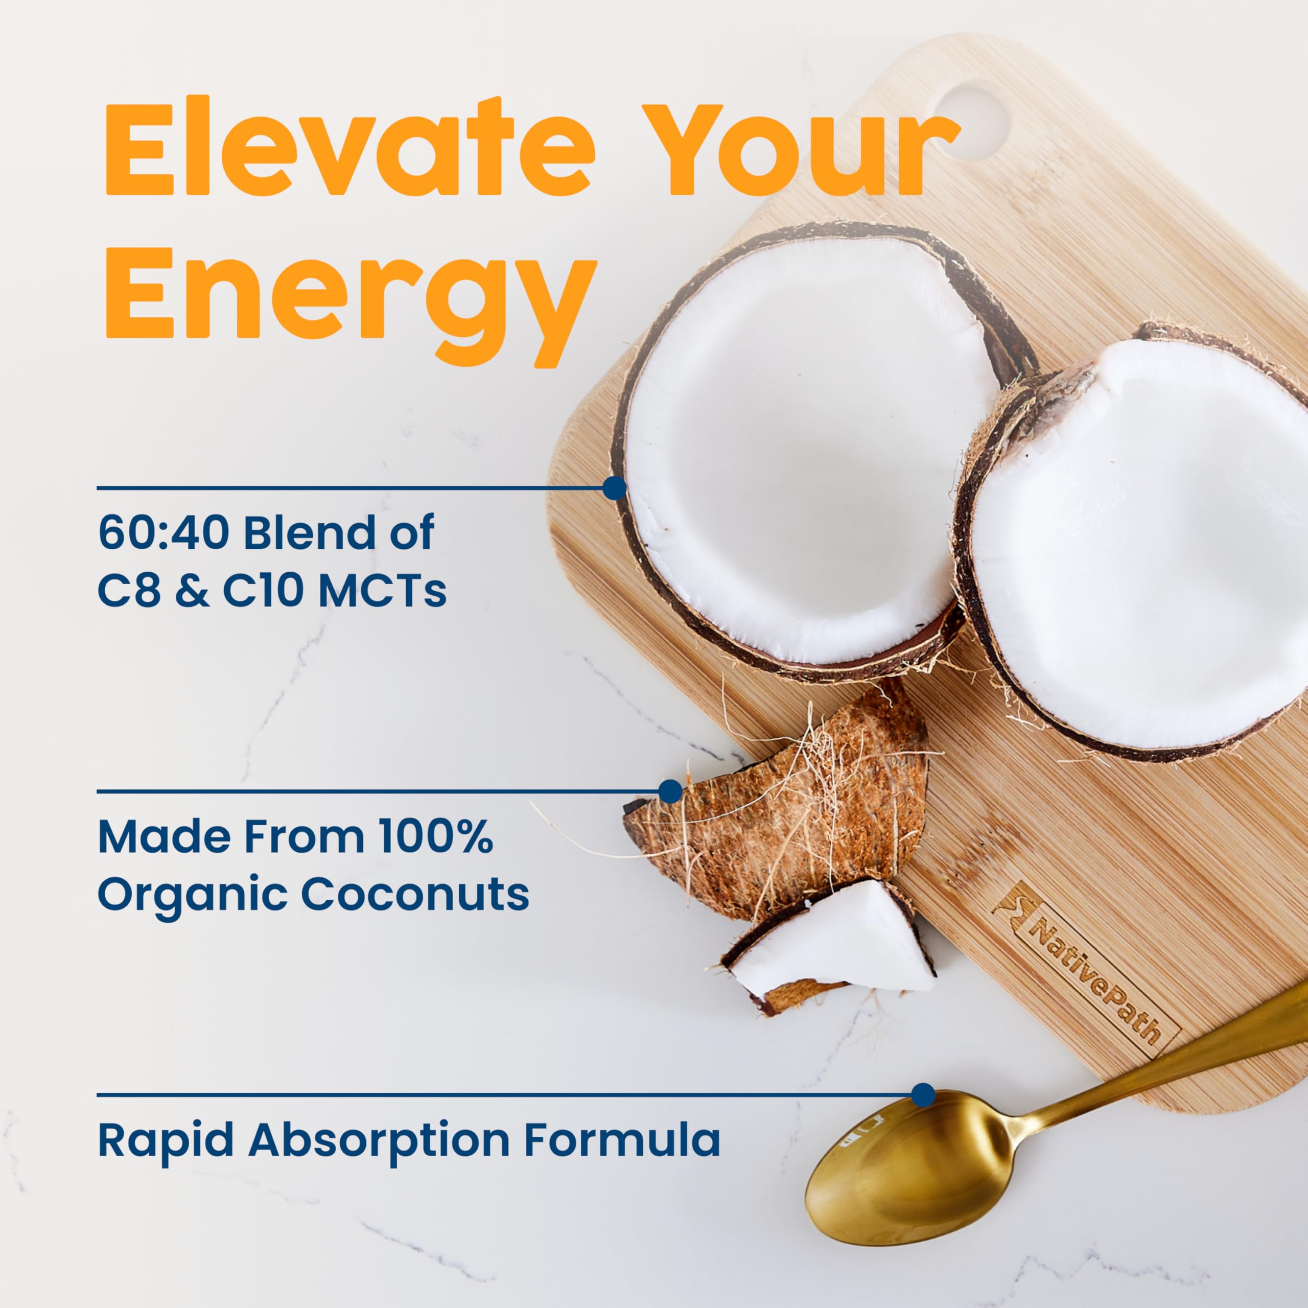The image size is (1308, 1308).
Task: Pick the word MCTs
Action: click(x=382, y=589)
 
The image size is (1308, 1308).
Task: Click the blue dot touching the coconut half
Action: click(x=614, y=487)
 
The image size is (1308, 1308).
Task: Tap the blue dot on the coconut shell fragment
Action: click(x=670, y=791)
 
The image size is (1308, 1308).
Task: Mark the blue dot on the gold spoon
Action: click(x=923, y=1095)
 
